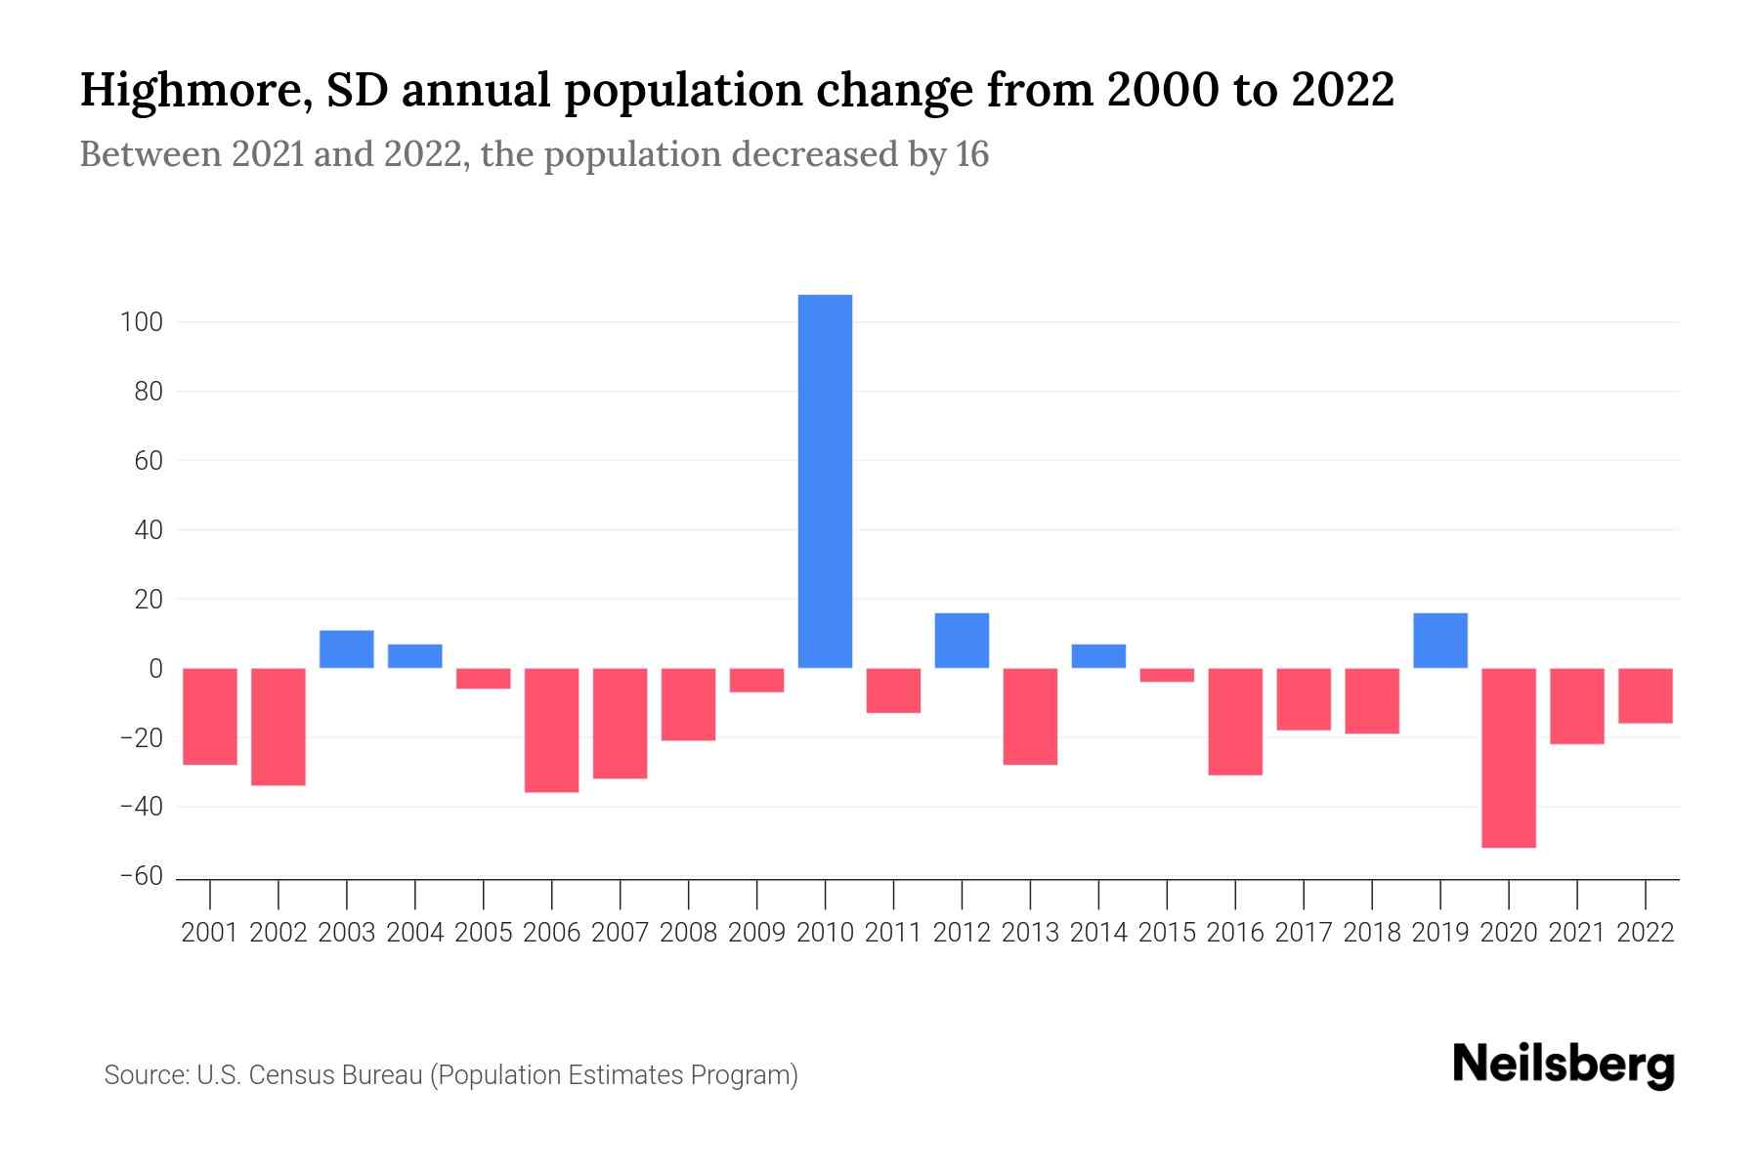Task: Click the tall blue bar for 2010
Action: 825,481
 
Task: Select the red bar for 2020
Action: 1508,757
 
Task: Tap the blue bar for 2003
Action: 347,649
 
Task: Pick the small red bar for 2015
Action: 1167,675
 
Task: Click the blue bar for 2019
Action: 1439,641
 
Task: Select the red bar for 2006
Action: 552,730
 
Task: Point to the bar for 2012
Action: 962,641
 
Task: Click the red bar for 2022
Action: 1645,695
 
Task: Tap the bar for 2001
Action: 210,716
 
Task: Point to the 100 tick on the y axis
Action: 141,322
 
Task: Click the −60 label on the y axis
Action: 141,876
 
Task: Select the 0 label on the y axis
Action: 154,669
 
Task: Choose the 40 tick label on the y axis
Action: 148,530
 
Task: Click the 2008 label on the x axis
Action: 688,933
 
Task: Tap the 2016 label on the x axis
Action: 1235,933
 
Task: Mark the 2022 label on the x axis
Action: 1645,933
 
